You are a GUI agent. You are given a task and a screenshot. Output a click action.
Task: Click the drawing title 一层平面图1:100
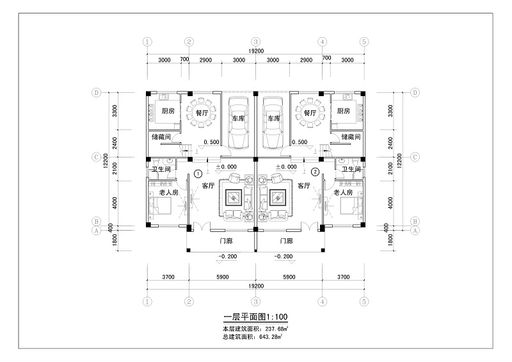[x=255, y=317]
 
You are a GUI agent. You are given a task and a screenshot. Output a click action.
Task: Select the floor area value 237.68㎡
[x=276, y=328]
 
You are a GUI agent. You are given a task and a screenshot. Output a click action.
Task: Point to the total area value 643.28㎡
[x=271, y=336]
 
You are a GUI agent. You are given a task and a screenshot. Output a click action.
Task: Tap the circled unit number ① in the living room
[x=198, y=174]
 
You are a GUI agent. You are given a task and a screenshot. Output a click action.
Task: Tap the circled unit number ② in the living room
[x=315, y=172]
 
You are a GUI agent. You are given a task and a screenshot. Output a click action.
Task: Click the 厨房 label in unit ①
[x=168, y=111]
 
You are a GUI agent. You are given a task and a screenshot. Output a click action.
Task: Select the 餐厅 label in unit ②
[x=310, y=113]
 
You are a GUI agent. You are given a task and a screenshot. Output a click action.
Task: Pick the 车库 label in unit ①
[x=238, y=119]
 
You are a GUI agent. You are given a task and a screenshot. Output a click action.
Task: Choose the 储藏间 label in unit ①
[x=161, y=136]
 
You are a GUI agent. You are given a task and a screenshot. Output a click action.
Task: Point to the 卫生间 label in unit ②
[x=351, y=169]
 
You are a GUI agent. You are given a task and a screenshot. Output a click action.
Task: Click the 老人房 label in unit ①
[x=168, y=192]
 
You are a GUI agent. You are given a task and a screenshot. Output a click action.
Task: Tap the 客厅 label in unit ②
[x=303, y=186]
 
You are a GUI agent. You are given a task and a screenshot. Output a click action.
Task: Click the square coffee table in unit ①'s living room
[x=233, y=198]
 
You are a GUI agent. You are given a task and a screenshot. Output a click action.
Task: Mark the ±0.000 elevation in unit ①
[x=227, y=167]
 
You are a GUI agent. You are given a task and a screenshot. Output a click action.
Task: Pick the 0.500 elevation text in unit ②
[x=300, y=142]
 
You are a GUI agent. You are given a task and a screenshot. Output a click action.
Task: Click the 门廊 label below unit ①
[x=226, y=241]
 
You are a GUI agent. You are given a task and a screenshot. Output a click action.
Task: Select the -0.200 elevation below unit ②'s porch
[x=284, y=256]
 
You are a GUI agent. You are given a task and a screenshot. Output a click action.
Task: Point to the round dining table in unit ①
[x=202, y=113]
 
